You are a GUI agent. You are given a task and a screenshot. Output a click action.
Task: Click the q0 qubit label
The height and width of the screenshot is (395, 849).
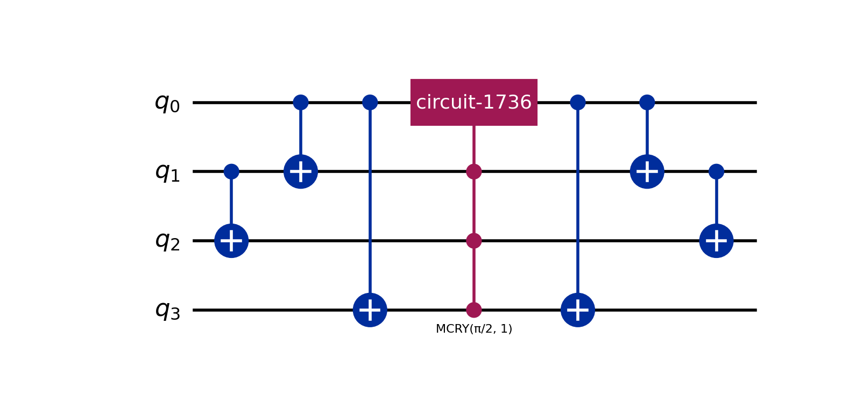pos(167,103)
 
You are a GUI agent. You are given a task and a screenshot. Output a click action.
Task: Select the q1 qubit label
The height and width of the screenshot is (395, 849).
pos(167,172)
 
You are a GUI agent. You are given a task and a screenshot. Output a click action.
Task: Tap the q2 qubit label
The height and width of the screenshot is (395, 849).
pos(167,241)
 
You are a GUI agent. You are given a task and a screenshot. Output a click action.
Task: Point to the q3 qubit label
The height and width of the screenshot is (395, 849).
pos(167,310)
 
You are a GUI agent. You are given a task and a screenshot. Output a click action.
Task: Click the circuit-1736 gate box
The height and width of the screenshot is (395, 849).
pos(473,102)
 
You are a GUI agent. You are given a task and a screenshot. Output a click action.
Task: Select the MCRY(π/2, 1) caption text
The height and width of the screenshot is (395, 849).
pos(473,329)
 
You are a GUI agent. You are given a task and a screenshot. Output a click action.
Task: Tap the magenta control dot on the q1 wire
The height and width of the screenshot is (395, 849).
pos(473,171)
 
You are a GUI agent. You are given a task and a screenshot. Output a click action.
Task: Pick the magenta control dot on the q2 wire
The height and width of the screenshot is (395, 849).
pos(473,241)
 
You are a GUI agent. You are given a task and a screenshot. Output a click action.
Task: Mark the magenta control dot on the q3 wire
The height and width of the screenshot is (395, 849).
pos(473,310)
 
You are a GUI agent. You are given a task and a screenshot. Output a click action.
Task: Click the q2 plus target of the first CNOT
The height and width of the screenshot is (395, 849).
pos(231,241)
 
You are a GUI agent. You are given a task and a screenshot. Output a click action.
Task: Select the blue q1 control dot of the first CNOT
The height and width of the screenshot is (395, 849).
pos(231,171)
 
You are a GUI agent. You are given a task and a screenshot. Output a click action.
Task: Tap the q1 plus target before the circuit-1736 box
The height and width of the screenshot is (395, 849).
pos(301,171)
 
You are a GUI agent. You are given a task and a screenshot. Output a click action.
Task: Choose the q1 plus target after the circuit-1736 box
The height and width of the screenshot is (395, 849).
pos(647,171)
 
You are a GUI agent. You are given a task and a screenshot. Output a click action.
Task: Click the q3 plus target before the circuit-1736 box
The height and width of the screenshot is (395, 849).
pos(370,310)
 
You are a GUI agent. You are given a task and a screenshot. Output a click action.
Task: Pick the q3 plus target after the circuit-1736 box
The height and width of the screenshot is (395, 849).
pos(578,310)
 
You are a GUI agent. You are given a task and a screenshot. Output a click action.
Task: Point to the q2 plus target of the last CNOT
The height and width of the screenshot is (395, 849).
pos(716,241)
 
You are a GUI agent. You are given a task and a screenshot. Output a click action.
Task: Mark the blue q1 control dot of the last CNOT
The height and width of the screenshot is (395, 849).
pos(716,171)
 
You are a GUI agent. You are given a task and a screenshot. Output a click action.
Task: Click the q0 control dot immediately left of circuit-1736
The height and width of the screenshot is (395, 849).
pos(370,102)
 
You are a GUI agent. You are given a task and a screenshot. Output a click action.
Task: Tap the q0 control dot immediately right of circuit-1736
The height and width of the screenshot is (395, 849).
pos(578,102)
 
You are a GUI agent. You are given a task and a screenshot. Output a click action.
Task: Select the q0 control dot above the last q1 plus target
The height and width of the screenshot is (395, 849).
pos(647,102)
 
